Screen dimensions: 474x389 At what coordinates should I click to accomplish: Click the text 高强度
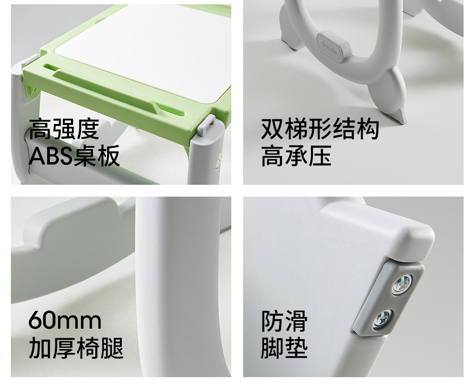tap(64, 129)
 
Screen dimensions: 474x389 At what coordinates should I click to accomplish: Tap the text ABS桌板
tap(74, 156)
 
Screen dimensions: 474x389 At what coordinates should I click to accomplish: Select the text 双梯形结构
tap(320, 129)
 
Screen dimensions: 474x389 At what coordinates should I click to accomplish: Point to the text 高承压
tap(296, 156)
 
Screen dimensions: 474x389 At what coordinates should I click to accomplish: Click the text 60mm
tap(65, 321)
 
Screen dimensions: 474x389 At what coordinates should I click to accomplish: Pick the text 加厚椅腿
tap(76, 349)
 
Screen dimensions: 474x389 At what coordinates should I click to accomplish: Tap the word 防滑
tap(284, 321)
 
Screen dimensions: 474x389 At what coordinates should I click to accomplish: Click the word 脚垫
tap(284, 349)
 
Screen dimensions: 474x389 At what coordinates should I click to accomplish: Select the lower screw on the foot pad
tap(383, 319)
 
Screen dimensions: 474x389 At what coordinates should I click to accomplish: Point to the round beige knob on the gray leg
tap(218, 160)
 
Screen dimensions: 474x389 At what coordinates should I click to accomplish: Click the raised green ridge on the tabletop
tap(106, 90)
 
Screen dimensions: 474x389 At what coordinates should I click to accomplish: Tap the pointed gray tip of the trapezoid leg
tap(400, 117)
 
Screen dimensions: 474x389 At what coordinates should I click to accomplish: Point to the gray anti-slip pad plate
tap(389, 299)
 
